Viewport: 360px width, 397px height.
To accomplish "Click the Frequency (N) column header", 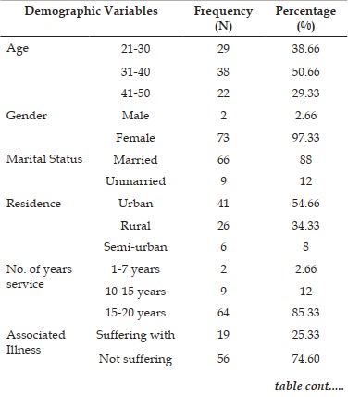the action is [223, 19].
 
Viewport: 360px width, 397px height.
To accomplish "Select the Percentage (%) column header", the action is [305, 19].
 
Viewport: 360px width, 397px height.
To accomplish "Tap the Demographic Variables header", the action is [91, 11].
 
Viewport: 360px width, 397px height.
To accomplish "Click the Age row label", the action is [18, 49].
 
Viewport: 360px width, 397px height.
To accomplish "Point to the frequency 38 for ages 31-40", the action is [223, 71].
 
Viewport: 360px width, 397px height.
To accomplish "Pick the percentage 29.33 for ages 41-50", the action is [305, 93].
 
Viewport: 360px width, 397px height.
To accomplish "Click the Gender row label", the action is [27, 116].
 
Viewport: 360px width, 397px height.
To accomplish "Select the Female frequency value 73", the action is [223, 137].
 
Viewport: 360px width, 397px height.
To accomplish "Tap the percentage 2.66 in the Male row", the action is [305, 116].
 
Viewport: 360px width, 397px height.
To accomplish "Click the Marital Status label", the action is [44, 159].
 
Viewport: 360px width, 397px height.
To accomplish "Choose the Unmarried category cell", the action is [135, 181].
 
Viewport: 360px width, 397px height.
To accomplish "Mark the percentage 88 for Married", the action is [305, 159].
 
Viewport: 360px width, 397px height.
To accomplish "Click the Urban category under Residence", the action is [135, 204].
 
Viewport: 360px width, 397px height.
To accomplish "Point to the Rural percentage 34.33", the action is [305, 226].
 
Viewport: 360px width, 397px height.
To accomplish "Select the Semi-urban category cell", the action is [135, 247].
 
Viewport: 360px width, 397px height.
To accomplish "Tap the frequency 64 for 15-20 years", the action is [223, 313].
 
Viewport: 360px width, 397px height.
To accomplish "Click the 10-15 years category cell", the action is [135, 292].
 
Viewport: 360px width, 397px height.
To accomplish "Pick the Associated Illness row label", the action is [36, 342].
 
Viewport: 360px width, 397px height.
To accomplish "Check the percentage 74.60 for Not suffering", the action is [305, 359].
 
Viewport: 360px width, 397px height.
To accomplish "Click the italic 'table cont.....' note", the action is [309, 386].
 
